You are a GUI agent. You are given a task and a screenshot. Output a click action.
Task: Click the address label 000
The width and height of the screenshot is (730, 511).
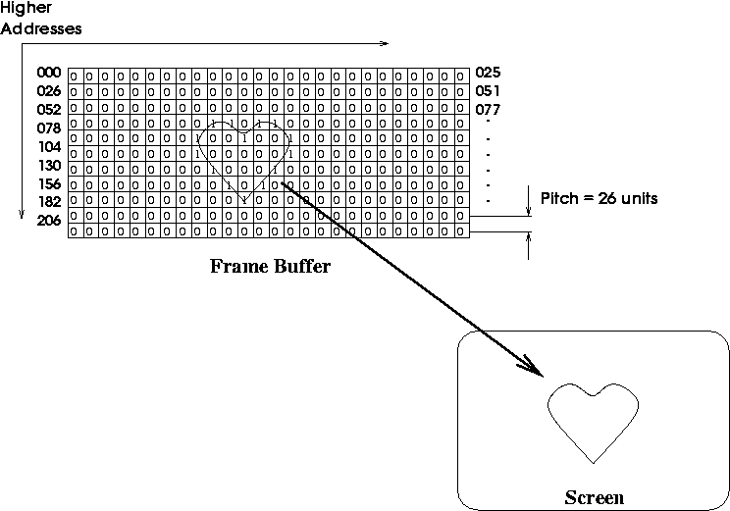pyautogui.click(x=49, y=73)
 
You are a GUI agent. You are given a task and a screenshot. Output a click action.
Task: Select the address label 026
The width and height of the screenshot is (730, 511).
pyautogui.click(x=49, y=91)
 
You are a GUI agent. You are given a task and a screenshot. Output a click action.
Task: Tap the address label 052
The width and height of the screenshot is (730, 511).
pyautogui.click(x=49, y=109)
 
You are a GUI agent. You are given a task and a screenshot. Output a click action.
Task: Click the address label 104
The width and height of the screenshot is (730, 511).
pyautogui.click(x=49, y=146)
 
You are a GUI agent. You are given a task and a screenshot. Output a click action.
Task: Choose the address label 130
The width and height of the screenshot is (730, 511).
pyautogui.click(x=49, y=165)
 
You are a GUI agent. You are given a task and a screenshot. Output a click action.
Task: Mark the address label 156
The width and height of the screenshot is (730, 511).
pyautogui.click(x=49, y=183)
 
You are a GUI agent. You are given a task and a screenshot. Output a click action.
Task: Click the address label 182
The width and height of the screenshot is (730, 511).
pyautogui.click(x=49, y=201)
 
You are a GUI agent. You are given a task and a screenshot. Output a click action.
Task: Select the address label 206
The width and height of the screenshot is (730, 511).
pyautogui.click(x=49, y=220)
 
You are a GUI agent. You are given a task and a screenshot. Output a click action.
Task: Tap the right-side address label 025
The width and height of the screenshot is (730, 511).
pyautogui.click(x=488, y=73)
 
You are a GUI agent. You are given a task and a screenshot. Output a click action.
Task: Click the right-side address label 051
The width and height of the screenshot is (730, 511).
pyautogui.click(x=488, y=91)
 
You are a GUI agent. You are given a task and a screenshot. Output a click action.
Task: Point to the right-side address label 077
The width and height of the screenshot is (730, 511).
pyautogui.click(x=488, y=109)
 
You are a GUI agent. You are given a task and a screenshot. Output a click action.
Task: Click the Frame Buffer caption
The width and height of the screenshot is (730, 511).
pyautogui.click(x=271, y=266)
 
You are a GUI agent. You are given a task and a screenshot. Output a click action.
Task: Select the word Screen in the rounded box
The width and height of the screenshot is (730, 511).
pyautogui.click(x=594, y=496)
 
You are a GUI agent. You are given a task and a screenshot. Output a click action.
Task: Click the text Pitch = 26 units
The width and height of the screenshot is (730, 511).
pyautogui.click(x=599, y=199)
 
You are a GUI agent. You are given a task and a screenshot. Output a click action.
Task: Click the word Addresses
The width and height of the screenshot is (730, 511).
pyautogui.click(x=41, y=28)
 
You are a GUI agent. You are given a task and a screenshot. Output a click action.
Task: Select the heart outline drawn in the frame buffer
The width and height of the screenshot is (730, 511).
pyautogui.click(x=243, y=157)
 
